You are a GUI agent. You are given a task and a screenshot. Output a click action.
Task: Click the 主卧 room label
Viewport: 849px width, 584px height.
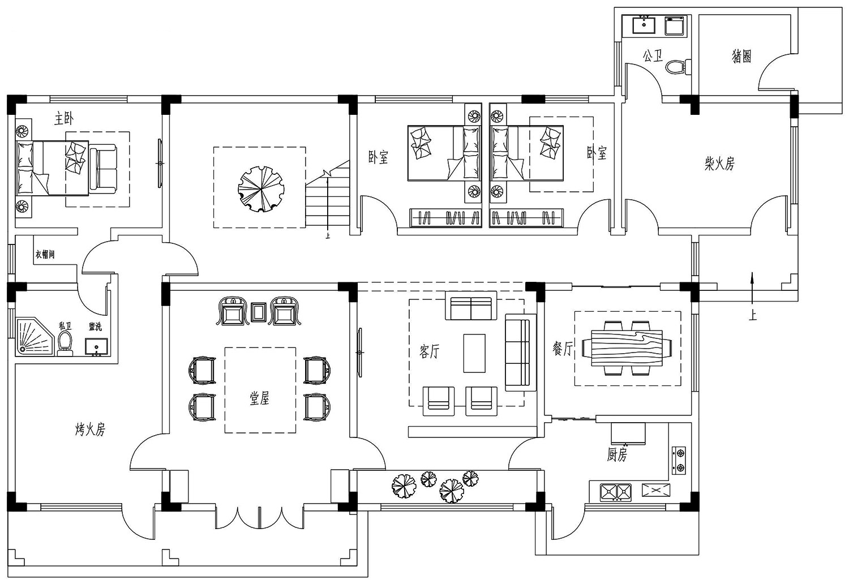coord(64,119)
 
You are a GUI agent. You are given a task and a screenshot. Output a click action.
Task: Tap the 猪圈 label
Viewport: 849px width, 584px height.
coord(741,57)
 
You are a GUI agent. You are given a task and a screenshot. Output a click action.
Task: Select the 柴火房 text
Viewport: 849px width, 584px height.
coord(719,164)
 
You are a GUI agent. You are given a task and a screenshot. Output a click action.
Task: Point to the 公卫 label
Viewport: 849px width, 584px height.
coord(653,56)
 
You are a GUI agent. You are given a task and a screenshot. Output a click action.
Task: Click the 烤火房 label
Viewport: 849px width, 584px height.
coord(90,430)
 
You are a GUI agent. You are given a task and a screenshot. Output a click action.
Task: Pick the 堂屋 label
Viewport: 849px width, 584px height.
coord(260,398)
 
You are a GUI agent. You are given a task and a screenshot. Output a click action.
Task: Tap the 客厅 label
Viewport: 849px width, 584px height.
coord(430,351)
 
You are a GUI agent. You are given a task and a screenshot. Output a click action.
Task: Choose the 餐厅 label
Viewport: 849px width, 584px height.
coord(563,348)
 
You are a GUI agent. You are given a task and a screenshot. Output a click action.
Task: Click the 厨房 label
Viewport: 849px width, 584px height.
coord(617,454)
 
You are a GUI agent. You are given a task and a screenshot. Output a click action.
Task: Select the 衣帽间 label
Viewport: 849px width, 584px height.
coord(45,254)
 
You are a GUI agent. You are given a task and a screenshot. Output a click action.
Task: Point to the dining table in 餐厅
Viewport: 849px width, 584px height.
coord(627,348)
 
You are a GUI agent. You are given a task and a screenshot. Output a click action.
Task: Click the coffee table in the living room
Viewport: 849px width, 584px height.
coord(474,353)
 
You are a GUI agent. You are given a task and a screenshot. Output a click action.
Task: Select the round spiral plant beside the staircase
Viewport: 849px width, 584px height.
coord(261,189)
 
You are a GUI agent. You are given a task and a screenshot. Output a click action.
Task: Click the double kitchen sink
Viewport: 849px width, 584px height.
coord(616,492)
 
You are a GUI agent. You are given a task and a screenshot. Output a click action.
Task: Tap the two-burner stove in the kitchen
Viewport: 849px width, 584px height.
coord(679,461)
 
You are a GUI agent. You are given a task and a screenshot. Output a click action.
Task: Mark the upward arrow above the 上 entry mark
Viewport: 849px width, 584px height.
coord(752,287)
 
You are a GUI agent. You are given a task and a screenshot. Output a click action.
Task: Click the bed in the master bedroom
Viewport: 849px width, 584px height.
coord(52,168)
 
